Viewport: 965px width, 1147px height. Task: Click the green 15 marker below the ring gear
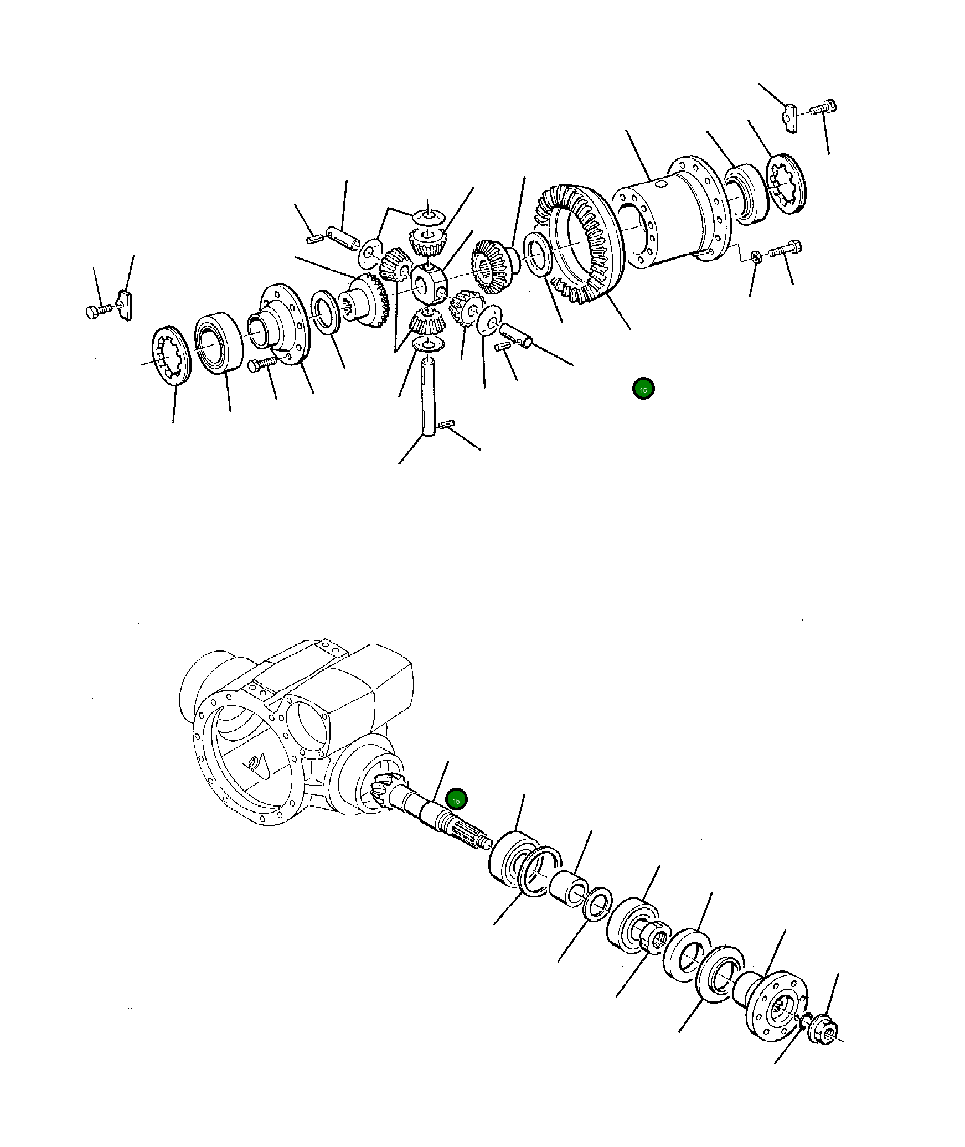tap(643, 390)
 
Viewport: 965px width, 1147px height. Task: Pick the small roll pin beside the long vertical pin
tap(446, 425)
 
